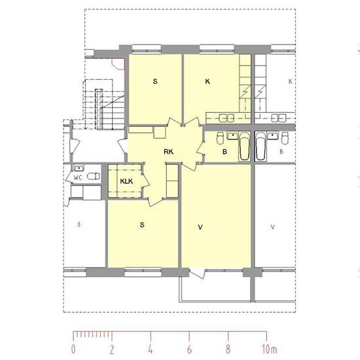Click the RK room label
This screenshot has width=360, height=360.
click(168, 152)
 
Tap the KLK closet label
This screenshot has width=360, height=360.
click(126, 181)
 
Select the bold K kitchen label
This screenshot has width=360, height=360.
click(207, 82)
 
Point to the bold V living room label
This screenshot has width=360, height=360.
click(200, 227)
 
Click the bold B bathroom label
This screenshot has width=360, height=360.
click(225, 152)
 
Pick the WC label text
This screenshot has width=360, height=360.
click(78, 177)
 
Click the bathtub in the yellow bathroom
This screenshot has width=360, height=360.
click(244, 146)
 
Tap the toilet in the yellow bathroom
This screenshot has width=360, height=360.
click(220, 137)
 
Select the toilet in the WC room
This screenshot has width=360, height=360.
click(93, 176)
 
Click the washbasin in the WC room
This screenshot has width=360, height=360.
click(79, 168)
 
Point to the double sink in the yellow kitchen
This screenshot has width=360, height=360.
click(226, 118)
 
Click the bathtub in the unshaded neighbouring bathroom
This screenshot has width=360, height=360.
click(261, 146)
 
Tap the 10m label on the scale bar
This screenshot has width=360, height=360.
click(269, 350)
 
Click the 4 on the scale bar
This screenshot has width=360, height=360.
click(151, 350)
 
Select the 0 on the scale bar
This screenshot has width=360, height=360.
click(73, 350)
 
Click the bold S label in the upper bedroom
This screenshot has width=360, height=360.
click(155, 82)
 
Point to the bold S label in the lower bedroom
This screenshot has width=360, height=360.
click(142, 225)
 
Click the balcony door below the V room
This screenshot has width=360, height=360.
click(197, 273)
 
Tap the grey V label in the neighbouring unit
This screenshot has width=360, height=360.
click(272, 227)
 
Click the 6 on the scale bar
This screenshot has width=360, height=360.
click(189, 350)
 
